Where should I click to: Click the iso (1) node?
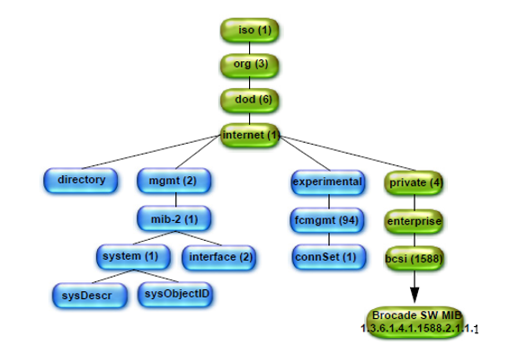click(250, 31)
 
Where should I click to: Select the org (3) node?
click(250, 65)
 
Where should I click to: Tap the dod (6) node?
click(250, 100)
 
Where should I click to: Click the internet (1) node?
click(250, 136)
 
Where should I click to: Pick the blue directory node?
click(81, 181)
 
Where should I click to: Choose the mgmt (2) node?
click(174, 181)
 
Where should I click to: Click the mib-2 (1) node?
click(174, 218)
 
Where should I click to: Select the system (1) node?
click(133, 257)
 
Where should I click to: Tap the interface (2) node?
click(218, 258)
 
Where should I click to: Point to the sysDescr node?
click(90, 296)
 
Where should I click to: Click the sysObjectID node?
click(175, 294)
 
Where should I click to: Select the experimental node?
click(328, 182)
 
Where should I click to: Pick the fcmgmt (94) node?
click(327, 220)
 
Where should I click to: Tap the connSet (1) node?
click(329, 257)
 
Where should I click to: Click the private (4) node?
click(414, 183)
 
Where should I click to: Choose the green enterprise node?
click(414, 221)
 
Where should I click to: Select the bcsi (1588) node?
click(414, 259)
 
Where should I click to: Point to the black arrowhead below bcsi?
click(414, 295)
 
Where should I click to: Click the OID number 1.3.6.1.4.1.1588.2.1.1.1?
click(419, 329)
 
